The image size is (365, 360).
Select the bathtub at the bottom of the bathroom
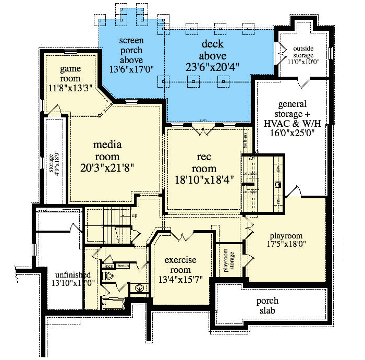tap(113, 304)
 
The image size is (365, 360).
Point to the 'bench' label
tap(124, 266)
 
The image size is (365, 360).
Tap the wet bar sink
tap(278, 185)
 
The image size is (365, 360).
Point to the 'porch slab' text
tap(267, 306)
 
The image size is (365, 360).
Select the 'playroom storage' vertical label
tap(227, 260)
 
